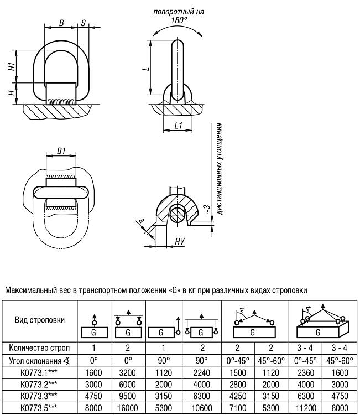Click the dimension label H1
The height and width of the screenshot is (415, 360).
12,66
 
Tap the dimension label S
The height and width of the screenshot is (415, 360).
84,23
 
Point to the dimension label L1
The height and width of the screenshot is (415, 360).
179,125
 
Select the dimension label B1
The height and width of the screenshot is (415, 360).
61,151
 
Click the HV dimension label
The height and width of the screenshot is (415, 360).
180,241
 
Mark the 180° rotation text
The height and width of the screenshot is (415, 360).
179,20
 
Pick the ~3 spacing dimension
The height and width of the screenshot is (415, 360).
207,210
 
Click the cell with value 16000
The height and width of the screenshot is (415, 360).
128,408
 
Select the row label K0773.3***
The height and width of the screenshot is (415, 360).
39,396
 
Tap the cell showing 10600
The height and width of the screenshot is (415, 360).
201,408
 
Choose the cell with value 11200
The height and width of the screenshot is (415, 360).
305,408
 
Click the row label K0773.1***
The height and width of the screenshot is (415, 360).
39,372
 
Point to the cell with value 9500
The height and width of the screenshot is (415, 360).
128,396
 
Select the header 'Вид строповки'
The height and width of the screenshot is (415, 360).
40,320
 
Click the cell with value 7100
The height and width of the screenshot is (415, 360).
238,408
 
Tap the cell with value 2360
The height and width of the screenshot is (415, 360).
305,372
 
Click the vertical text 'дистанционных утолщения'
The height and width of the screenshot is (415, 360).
219,169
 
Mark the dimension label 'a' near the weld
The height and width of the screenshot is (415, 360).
142,220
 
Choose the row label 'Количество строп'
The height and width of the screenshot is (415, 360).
39,348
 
